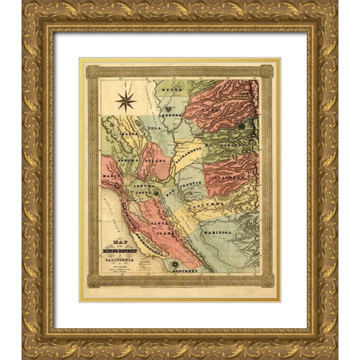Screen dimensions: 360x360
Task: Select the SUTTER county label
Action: coord(176,115)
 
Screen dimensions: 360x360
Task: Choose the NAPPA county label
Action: coord(130,134)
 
